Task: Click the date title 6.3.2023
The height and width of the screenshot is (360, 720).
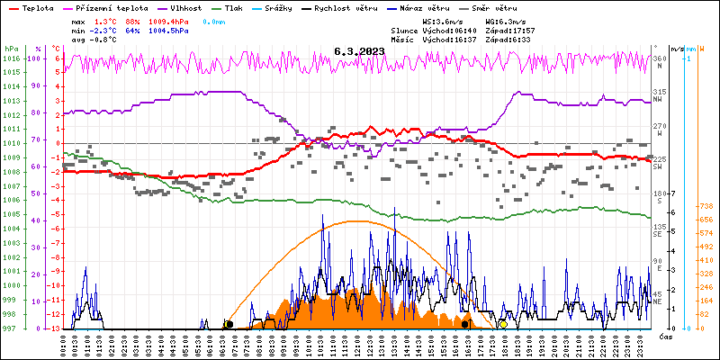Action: (358, 51)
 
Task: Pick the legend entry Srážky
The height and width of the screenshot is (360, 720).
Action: (282, 7)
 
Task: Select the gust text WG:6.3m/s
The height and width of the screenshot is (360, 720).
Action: (506, 21)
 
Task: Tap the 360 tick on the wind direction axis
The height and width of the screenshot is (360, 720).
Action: (659, 58)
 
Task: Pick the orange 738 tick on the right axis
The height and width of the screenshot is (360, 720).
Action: (706, 205)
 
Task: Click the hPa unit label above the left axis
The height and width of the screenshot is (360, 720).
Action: (10, 49)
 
